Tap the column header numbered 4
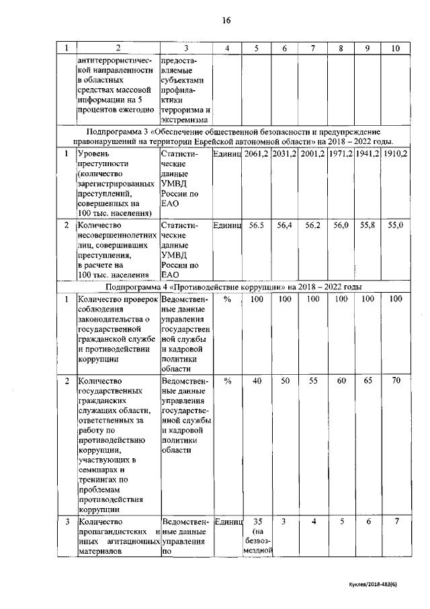(x=227, y=48)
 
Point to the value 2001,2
(x=312, y=154)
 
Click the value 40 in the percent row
(x=256, y=381)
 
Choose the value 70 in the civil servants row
(x=396, y=381)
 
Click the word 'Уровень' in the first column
(x=96, y=154)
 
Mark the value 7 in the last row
(x=396, y=522)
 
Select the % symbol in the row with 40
(x=227, y=381)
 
